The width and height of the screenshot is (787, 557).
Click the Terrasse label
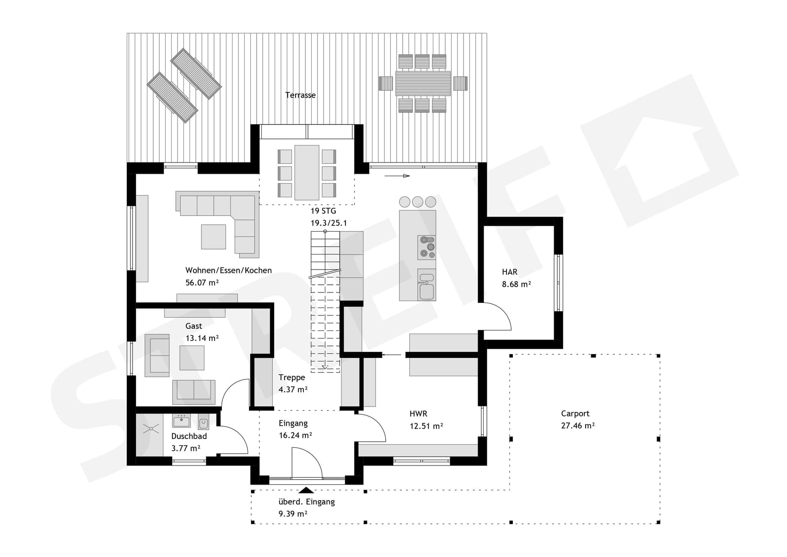pos(300,95)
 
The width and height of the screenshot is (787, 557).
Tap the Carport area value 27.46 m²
pos(577,426)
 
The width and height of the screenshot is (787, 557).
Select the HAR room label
pos(509,272)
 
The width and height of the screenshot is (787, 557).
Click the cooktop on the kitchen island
pos(427,247)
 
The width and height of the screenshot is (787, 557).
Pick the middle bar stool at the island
pos(417,202)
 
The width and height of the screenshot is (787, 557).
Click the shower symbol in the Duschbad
pos(151,429)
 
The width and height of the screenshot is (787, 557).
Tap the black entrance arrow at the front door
pos(306,490)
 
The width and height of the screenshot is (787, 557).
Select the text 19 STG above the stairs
pos(323,211)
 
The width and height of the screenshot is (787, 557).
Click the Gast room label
pos(194,326)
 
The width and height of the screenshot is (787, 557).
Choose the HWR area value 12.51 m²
pos(426,426)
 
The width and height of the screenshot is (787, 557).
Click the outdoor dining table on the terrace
pos(423,83)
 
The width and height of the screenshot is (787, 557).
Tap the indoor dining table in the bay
pos(307,172)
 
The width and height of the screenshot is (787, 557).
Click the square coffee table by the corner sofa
pos(213,237)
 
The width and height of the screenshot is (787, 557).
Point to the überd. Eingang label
pos(307,502)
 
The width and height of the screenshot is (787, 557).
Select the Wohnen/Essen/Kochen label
pos(228,270)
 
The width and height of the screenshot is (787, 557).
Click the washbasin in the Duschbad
pos(181,421)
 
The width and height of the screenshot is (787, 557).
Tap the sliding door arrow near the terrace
pos(397,176)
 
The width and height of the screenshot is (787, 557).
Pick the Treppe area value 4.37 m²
pos(293,390)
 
